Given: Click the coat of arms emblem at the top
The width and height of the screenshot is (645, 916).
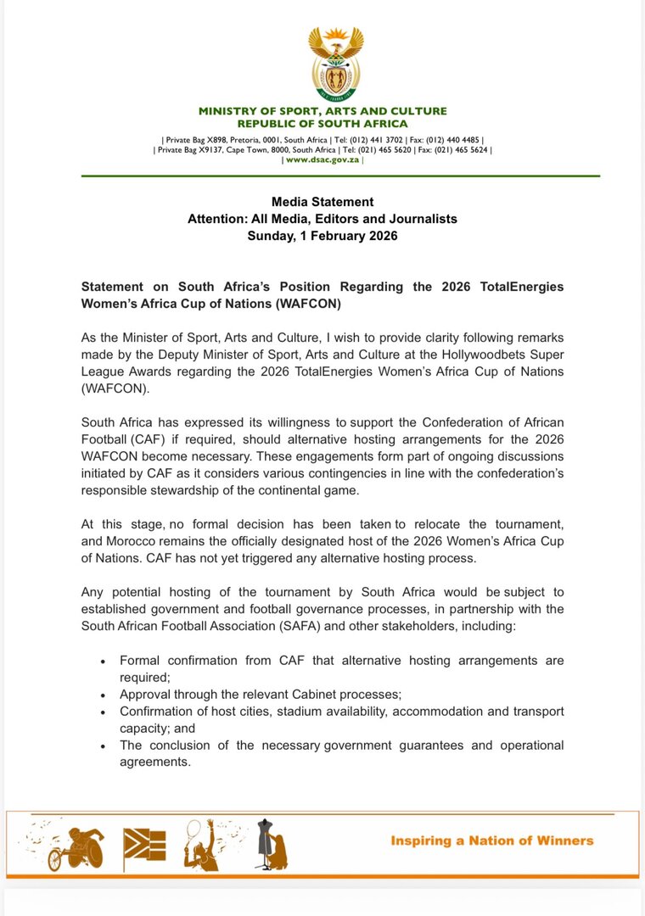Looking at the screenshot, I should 336,64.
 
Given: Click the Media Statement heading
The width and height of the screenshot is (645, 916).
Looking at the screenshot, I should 322,202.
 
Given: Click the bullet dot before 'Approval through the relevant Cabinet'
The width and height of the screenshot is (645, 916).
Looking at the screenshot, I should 103,695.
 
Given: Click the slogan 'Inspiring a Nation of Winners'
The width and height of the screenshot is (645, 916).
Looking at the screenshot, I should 491,841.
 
